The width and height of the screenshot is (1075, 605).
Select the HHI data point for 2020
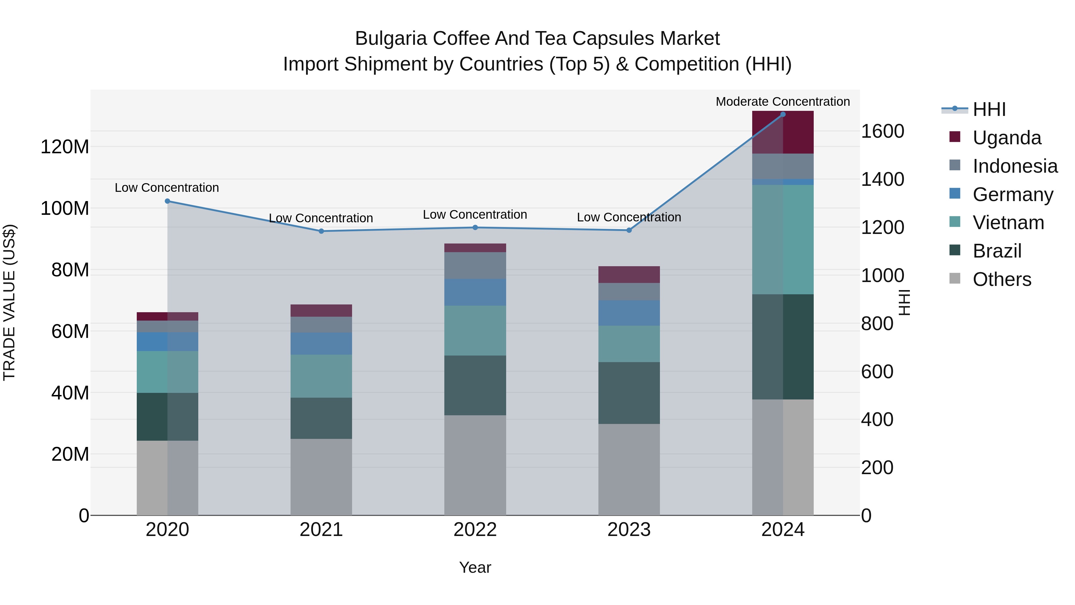click(x=167, y=201)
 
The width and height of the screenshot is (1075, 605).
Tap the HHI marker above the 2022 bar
click(x=475, y=228)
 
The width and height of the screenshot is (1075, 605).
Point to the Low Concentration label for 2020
click(x=167, y=188)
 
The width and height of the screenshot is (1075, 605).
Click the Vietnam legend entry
click(x=1008, y=223)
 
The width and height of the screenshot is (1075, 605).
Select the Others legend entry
click(x=1002, y=279)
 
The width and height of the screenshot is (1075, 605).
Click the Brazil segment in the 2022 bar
click(x=475, y=385)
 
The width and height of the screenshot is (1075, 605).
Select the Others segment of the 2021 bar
click(x=321, y=477)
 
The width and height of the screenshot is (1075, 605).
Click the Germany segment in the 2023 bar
click(x=629, y=313)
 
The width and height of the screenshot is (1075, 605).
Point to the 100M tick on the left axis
click(x=65, y=208)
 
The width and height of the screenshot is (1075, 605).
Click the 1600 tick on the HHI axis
click(x=882, y=131)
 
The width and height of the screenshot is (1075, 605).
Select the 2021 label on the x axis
click(x=321, y=530)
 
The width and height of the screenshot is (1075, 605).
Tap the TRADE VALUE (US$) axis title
click(x=9, y=302)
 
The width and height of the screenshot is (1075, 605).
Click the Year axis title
click(x=475, y=567)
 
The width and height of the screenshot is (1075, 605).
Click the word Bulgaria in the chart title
click(x=391, y=39)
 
